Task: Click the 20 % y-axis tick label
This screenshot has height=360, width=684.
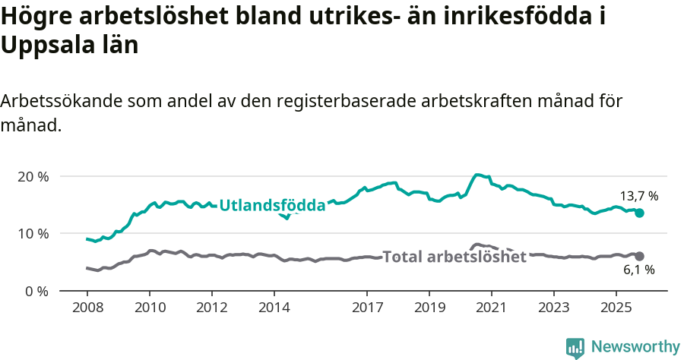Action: click(33, 176)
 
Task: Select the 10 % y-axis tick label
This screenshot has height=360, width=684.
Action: click(33, 233)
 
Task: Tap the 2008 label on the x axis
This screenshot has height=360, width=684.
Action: click(87, 308)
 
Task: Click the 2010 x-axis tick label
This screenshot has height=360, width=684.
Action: click(149, 308)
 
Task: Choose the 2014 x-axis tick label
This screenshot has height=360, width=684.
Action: click(274, 308)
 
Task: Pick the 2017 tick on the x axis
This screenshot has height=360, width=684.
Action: click(367, 308)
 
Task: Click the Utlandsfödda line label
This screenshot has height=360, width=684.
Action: click(272, 204)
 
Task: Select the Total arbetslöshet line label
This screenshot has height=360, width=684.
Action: click(454, 257)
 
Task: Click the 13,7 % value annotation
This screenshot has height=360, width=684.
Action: click(638, 196)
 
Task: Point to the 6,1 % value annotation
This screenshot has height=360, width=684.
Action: click(638, 270)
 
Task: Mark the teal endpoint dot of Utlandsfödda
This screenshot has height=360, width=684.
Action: click(640, 213)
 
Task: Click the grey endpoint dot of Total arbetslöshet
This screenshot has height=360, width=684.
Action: click(640, 257)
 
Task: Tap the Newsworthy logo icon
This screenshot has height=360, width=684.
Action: click(575, 347)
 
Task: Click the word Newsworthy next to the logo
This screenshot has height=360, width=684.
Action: click(635, 347)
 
